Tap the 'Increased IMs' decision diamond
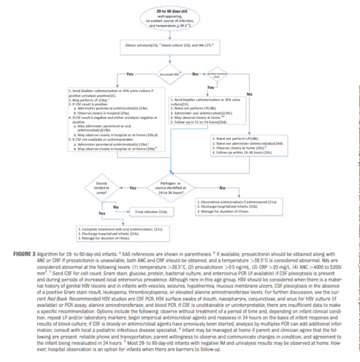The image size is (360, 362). (170, 74)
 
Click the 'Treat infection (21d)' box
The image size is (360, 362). (151, 212)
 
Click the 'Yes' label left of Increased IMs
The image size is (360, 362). (129, 74)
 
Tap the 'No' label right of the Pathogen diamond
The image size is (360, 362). (222, 188)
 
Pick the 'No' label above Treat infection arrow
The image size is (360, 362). (116, 207)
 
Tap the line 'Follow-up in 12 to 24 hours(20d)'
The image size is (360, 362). (198, 122)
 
